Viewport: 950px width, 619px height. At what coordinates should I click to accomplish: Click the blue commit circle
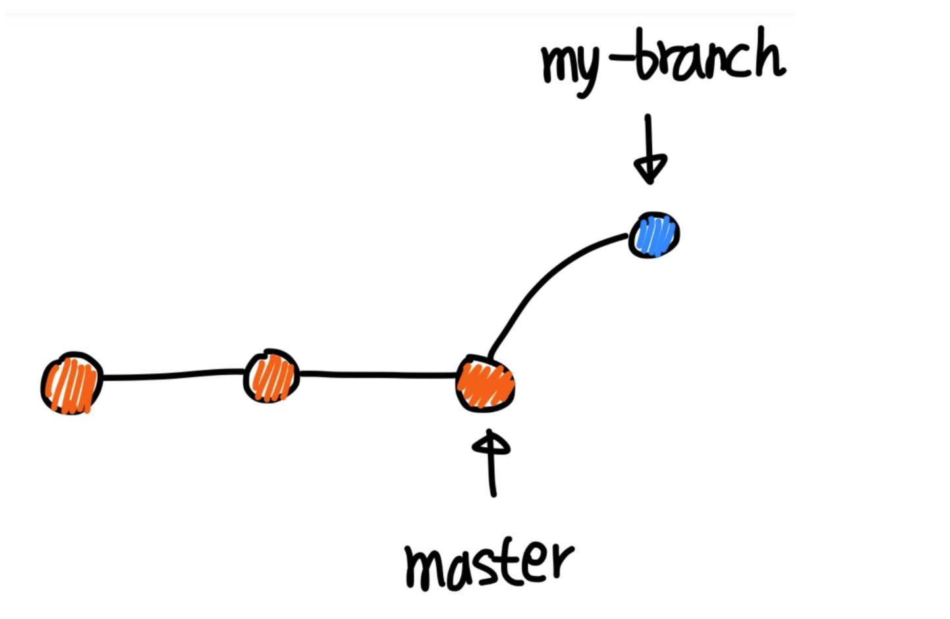point(654,235)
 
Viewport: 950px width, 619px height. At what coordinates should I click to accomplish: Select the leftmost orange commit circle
point(72,383)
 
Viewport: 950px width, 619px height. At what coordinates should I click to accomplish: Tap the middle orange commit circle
point(271,376)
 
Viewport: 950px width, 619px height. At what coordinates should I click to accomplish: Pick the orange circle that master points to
point(486,384)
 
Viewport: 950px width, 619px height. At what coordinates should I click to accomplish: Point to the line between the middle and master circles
point(378,375)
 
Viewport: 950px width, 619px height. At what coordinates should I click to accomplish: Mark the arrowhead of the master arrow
point(491,443)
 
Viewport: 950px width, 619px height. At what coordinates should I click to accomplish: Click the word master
point(488,565)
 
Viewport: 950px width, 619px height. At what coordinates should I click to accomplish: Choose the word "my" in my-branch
point(570,67)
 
